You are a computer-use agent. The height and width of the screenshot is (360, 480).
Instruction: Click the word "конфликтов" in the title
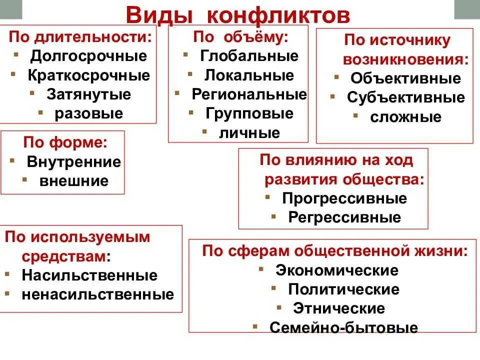tap(278, 14)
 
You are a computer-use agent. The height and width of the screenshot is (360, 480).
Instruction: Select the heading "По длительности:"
tap(80, 37)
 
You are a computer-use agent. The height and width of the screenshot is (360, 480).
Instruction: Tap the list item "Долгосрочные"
tap(89, 56)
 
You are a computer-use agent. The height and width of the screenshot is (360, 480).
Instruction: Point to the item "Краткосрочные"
tap(89, 75)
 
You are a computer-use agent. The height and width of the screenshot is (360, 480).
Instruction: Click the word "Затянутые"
tap(89, 94)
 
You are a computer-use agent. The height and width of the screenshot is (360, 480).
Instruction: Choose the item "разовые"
tap(89, 113)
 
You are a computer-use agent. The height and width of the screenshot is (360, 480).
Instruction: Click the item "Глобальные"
tap(249, 56)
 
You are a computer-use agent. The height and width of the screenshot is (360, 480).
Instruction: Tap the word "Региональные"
tap(249, 94)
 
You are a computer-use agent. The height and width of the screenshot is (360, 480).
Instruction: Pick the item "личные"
tap(249, 133)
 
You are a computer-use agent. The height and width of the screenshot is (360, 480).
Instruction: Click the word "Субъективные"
tap(406, 98)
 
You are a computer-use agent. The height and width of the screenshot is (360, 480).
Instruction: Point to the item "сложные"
tap(406, 117)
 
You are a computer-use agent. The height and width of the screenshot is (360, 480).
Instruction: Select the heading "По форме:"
tap(65, 142)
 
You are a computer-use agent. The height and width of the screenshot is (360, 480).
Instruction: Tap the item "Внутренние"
tap(74, 162)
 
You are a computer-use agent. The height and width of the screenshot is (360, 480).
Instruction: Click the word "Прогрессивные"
tap(344, 198)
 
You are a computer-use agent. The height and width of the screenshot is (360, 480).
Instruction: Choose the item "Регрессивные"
tap(344, 217)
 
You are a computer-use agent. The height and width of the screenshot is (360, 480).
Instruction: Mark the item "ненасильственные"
tap(97, 294)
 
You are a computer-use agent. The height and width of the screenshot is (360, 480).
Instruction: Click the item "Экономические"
tap(337, 270)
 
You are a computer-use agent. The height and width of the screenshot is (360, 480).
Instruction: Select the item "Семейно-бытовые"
tap(343, 328)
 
